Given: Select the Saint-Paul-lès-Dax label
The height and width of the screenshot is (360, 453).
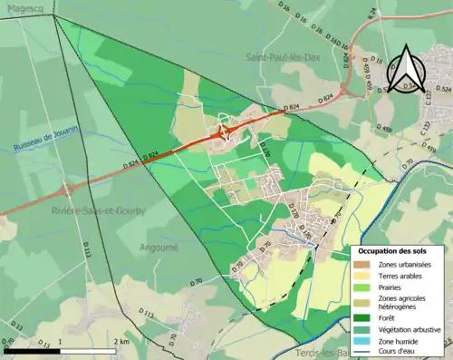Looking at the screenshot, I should pos(281,56).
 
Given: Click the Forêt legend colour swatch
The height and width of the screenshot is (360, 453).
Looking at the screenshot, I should pos(362,317).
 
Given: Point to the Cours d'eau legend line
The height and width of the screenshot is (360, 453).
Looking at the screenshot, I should pos(362,353).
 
